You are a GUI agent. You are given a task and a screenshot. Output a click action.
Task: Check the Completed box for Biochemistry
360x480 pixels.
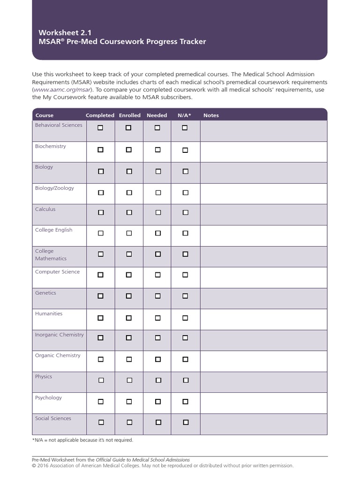tap(100, 150)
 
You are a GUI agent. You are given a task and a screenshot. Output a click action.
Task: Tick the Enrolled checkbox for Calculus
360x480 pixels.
tap(129, 212)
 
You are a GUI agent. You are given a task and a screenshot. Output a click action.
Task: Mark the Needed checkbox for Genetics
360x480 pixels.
tap(157, 296)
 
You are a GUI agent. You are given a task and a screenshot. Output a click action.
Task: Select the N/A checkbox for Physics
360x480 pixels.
tap(185, 381)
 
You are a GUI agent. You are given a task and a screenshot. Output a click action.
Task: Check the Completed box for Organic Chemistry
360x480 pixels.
tap(100, 360)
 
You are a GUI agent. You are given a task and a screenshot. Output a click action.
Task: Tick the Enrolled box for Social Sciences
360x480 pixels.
tap(129, 422)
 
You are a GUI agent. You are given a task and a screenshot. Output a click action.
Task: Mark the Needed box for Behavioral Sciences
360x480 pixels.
tap(157, 127)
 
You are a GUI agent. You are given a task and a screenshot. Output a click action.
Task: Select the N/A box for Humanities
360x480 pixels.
tap(185, 318)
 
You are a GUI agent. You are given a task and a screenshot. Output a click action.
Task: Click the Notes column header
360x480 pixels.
tap(211, 115)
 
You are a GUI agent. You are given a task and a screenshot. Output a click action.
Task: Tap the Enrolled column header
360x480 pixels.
tap(130, 115)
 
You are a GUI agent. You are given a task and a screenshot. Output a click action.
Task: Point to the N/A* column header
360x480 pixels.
tap(184, 115)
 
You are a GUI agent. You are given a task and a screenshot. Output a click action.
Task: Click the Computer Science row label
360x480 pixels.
tap(57, 272)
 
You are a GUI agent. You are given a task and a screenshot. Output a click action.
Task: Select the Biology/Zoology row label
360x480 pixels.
tap(54, 188)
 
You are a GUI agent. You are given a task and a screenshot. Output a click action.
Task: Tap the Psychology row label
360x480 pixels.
tap(48, 397)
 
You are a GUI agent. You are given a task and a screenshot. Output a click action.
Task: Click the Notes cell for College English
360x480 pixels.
tap(263, 235)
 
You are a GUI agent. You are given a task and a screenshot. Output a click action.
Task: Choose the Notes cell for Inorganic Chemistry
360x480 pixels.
tap(263, 340)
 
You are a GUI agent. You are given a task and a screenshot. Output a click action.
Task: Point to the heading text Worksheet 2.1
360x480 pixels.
tap(59, 32)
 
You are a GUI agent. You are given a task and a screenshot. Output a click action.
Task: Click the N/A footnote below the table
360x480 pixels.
tap(82, 440)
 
